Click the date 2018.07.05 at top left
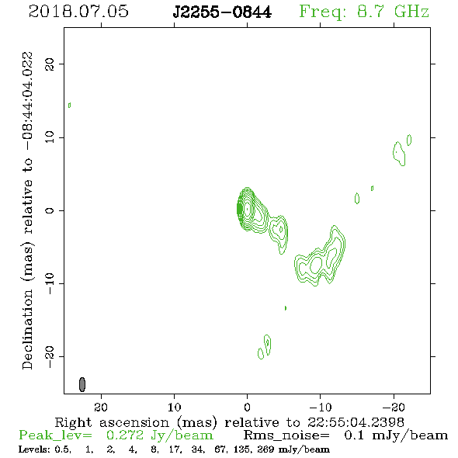78,12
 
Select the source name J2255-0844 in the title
222,12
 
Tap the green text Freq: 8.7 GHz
364,12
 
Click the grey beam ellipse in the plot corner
82,384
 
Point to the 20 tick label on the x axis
101,407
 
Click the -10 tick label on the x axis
321,407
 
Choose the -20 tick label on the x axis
394,407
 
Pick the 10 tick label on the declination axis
50,137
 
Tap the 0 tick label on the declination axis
50,210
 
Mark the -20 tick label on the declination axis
50,357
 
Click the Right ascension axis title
229,422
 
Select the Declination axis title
27,210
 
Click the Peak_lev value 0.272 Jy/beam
159,435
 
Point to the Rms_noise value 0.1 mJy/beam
396,435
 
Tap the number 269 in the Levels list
265,449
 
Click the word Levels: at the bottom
34,449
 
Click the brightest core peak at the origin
248,209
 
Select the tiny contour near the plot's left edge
69,105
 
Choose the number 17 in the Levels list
175,449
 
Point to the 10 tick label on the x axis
174,407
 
